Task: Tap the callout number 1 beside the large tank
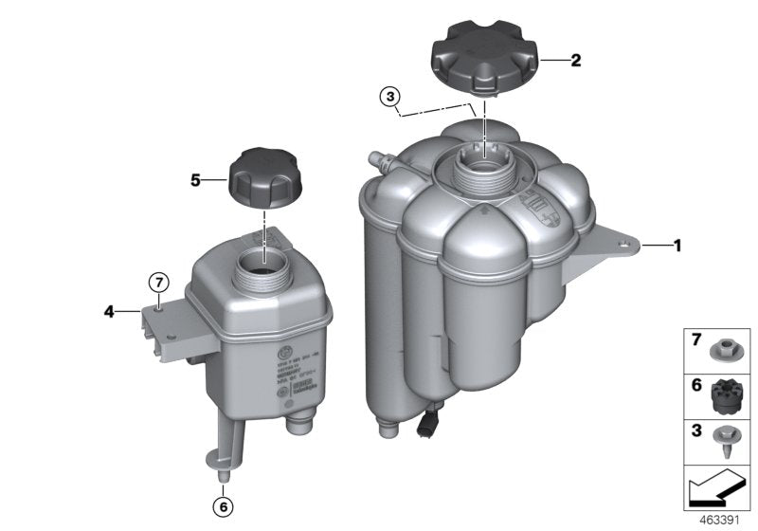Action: (677, 219)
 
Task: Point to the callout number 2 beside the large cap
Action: (575, 59)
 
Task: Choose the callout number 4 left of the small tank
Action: (109, 310)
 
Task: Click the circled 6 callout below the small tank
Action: (224, 507)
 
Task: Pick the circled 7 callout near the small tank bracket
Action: (160, 281)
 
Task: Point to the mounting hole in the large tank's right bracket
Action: (624, 225)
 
